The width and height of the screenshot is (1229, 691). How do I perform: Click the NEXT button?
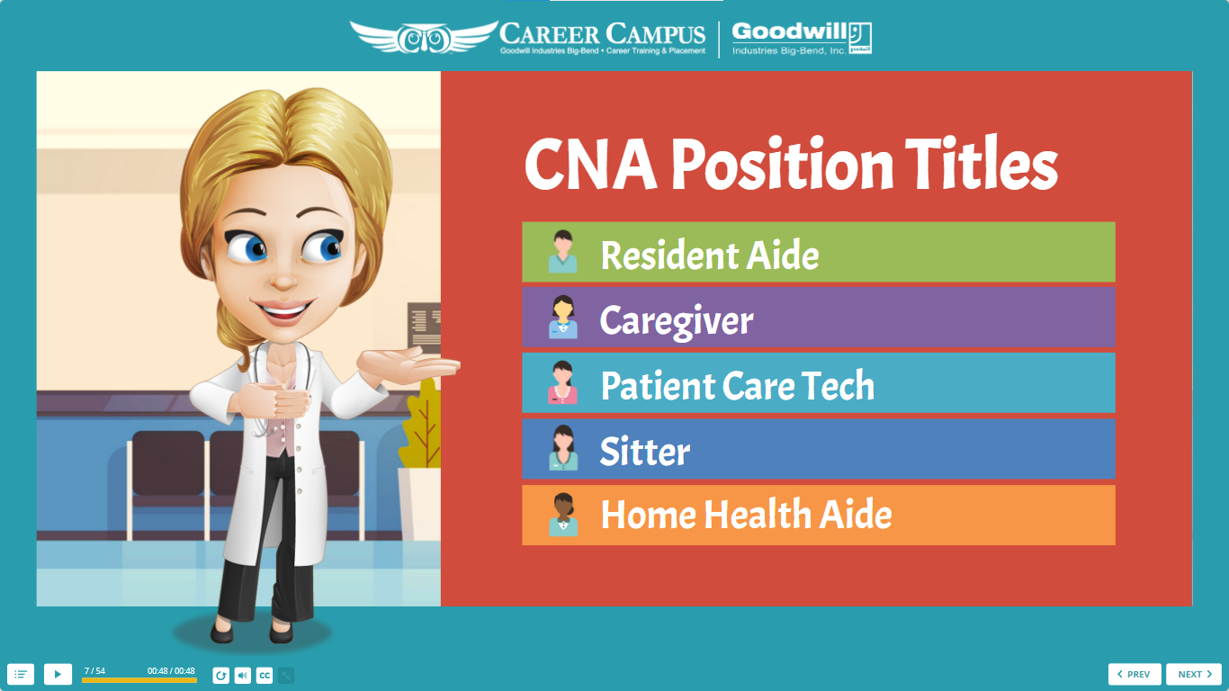pyautogui.click(x=1194, y=674)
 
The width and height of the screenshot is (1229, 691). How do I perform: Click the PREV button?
pyautogui.click(x=1135, y=674)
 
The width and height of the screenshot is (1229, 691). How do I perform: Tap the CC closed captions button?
pyautogui.click(x=265, y=675)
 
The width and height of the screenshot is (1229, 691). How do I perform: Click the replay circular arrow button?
pyautogui.click(x=220, y=675)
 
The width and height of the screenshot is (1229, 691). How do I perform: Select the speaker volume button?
pyautogui.click(x=243, y=675)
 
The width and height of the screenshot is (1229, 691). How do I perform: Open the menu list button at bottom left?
pyautogui.click(x=21, y=674)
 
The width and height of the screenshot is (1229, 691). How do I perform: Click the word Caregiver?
pyautogui.click(x=677, y=320)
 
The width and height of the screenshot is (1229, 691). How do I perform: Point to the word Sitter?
pyautogui.click(x=645, y=451)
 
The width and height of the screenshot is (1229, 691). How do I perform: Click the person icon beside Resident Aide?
pyautogui.click(x=563, y=252)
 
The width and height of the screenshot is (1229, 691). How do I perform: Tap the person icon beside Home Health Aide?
pyautogui.click(x=563, y=515)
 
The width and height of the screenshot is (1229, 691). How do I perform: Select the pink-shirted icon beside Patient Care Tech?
pyautogui.click(x=562, y=382)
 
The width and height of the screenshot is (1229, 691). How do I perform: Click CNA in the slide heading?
pyautogui.click(x=590, y=165)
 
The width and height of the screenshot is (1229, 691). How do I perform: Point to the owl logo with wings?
pyautogui.click(x=424, y=37)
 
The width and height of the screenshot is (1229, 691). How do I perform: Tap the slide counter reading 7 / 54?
pyautogui.click(x=94, y=670)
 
